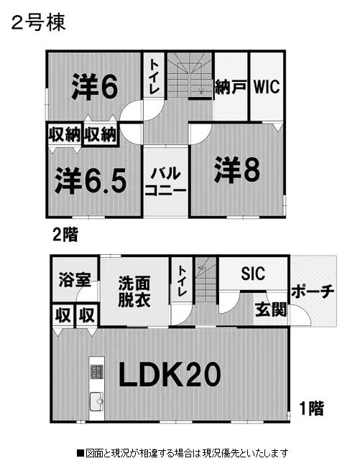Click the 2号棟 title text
click(39, 24)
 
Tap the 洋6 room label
click(94, 87)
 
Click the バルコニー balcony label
click(165, 182)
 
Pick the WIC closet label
click(267, 87)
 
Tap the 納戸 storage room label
click(231, 87)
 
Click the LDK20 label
click(170, 374)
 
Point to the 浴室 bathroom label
click(75, 279)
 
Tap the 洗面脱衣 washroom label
click(134, 291)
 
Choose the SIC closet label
click(253, 274)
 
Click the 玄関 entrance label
click(271, 309)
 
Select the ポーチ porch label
click(313, 291)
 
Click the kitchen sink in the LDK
click(96, 401)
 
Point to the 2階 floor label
click(65, 234)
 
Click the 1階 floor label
click(311, 408)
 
